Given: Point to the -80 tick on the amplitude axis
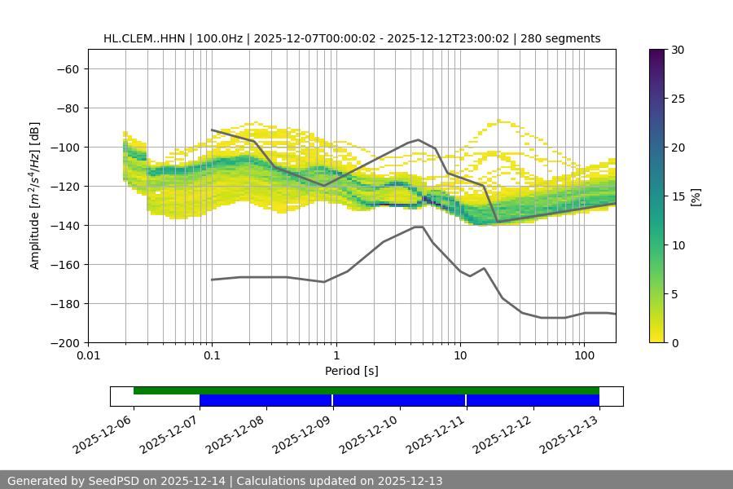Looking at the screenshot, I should click(67, 108).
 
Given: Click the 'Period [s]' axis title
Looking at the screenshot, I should click(352, 371).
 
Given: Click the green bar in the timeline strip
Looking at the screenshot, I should click(366, 390).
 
